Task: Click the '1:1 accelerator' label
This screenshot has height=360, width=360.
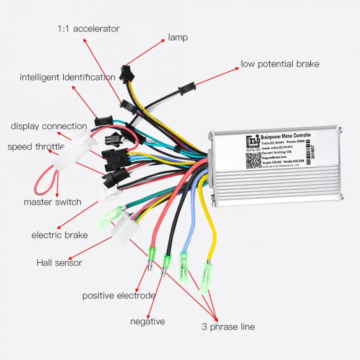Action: tap(88, 28)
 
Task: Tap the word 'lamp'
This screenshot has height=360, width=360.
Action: tap(178, 38)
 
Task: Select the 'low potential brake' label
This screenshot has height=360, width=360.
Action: tap(280, 64)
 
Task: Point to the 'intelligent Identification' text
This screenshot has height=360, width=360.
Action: tap(67, 77)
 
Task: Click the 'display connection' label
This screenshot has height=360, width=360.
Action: tap(49, 126)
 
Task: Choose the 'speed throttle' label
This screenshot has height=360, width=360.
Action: tap(36, 147)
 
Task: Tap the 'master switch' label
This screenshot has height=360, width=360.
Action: tap(52, 202)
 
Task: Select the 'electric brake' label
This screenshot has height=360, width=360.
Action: tap(59, 235)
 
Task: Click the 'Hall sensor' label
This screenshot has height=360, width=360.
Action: tap(59, 262)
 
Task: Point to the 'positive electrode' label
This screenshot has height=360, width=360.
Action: tap(119, 296)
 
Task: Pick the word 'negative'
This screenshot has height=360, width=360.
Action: tap(147, 322)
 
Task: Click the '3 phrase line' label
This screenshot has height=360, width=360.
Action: tap(228, 327)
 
